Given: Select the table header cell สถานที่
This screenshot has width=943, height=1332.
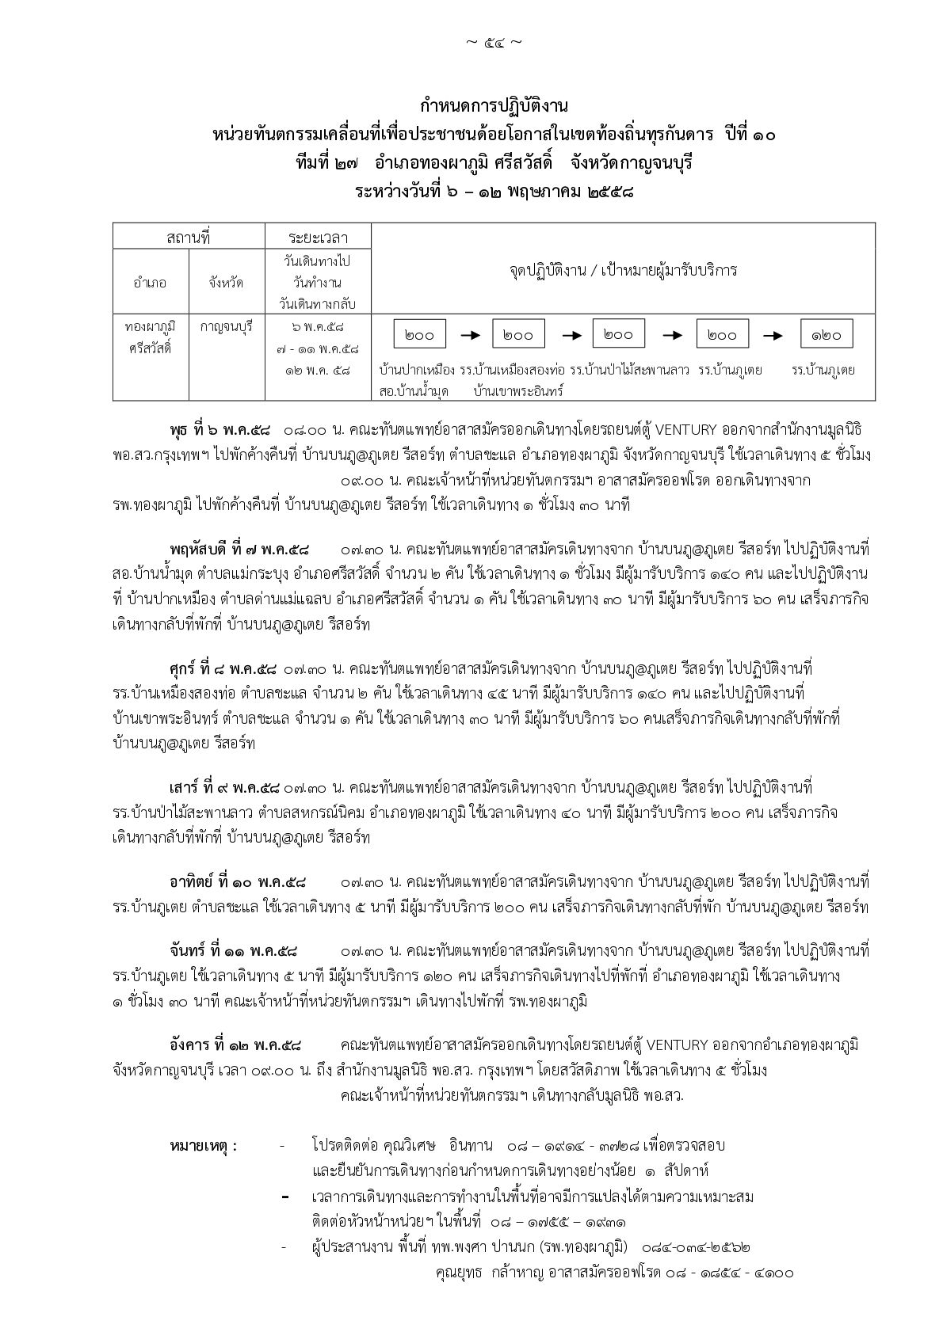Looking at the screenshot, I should click(x=188, y=237).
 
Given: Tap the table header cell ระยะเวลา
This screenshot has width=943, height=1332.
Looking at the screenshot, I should click(x=318, y=237).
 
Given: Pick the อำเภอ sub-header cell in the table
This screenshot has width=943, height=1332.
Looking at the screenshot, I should click(x=151, y=282).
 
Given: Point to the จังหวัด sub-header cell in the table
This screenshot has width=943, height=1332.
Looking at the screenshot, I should click(x=226, y=282).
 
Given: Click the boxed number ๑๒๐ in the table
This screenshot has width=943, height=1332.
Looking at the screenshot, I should click(x=826, y=335).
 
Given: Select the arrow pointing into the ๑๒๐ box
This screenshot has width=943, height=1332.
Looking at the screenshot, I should click(x=773, y=335).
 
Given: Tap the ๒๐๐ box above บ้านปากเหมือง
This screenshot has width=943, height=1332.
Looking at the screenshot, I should click(x=419, y=335).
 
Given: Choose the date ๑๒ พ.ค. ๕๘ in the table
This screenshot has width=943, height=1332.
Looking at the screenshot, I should click(x=318, y=369).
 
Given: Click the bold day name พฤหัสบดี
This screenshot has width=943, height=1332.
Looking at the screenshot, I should click(x=202, y=549).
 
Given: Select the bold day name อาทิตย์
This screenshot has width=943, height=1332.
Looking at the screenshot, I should click(x=193, y=881).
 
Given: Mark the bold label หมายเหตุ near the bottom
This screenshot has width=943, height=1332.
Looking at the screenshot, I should click(x=203, y=1145).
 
